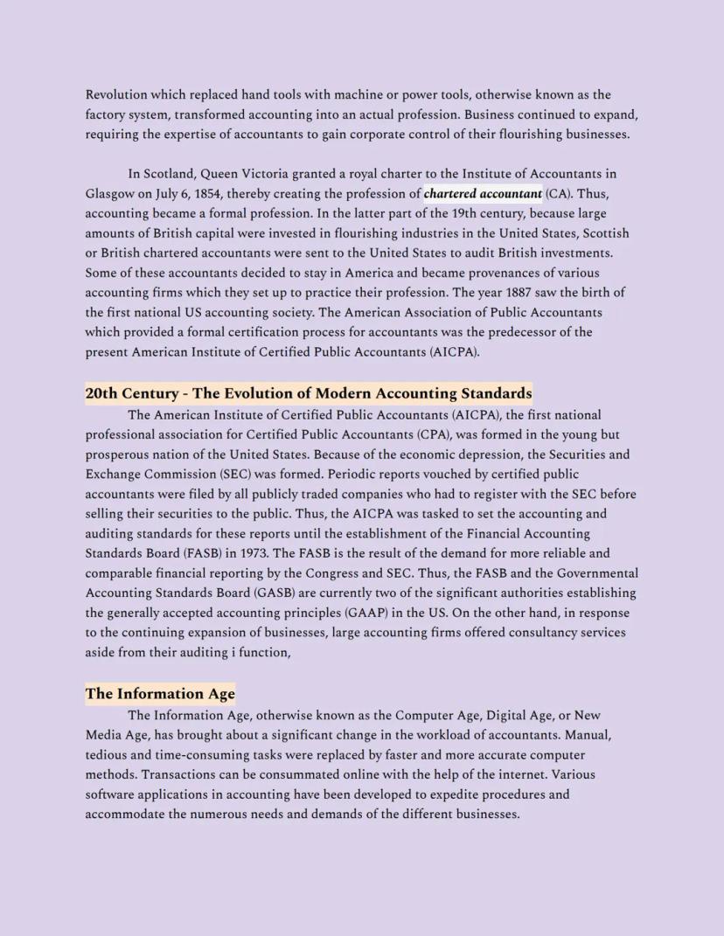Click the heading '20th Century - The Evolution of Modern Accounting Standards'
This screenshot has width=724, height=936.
coord(308,393)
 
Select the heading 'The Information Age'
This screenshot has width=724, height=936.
coord(160,694)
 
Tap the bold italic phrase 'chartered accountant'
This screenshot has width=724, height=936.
coord(483,194)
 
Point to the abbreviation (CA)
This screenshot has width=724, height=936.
coord(558,194)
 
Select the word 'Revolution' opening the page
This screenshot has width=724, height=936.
coord(116,94)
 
